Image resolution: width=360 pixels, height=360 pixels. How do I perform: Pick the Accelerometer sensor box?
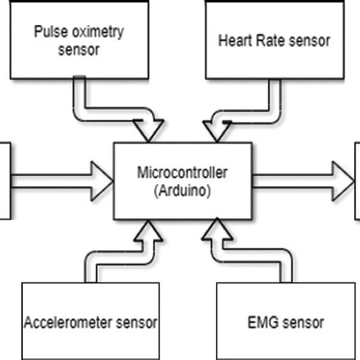coord(91,321)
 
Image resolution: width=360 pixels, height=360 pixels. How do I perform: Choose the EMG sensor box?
coord(286,321)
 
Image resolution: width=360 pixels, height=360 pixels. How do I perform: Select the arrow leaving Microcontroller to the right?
coord(304,179)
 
